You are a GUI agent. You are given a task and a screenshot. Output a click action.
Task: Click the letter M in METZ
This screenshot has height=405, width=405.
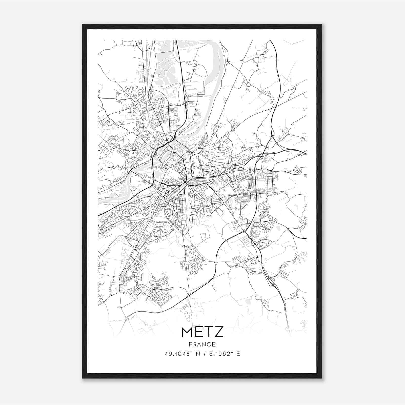[x=188, y=332]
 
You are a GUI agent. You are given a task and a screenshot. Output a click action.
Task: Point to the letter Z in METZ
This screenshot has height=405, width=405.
[x=219, y=332]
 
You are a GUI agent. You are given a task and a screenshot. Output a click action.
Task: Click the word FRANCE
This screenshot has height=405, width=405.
[x=202, y=344]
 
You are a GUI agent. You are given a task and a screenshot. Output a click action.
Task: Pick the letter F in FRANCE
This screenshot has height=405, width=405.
[x=190, y=344]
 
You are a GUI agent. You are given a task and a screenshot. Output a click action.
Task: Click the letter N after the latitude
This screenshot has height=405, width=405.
[x=194, y=354]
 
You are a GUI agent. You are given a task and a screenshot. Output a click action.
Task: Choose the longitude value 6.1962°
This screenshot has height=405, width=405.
[x=219, y=354]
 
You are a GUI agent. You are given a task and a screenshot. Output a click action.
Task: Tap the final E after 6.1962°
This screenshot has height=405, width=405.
[x=238, y=354]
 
